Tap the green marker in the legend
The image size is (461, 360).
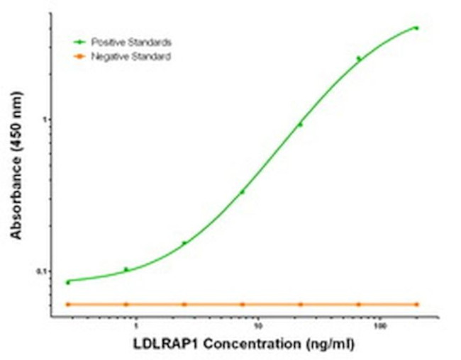(x=81, y=43)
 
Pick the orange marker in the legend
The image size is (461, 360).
(x=81, y=56)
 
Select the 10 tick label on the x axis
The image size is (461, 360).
(x=259, y=327)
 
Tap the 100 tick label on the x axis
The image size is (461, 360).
(x=381, y=327)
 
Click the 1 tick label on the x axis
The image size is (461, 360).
(x=138, y=327)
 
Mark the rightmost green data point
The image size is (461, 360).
(x=416, y=28)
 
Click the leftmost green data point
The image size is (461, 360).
(x=68, y=282)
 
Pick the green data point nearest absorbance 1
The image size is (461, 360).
(x=300, y=125)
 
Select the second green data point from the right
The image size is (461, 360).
(x=358, y=59)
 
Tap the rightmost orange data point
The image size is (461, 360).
(x=416, y=304)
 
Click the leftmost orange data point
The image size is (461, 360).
(x=68, y=304)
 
